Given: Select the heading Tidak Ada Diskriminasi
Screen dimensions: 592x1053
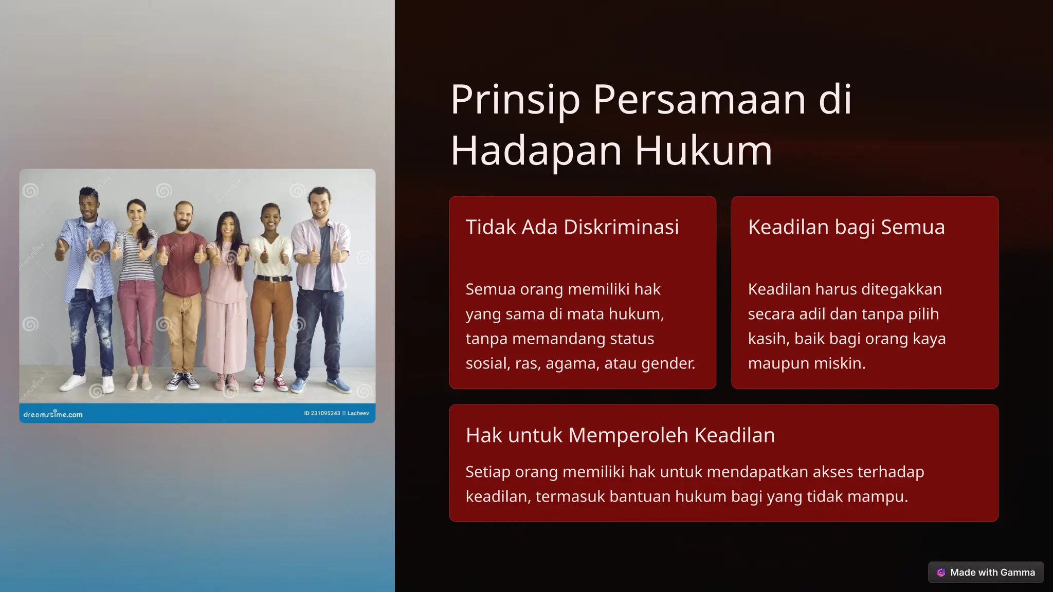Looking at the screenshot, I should click(x=572, y=227).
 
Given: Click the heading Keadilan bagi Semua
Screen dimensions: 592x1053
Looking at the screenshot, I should click(x=846, y=227).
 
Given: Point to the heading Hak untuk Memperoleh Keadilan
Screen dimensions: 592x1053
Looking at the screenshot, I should click(x=620, y=435).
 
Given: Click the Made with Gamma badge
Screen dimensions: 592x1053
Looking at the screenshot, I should click(x=986, y=572).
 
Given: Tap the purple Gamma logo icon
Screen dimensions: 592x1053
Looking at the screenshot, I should click(x=941, y=572).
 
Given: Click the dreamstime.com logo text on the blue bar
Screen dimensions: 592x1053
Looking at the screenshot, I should click(x=53, y=414).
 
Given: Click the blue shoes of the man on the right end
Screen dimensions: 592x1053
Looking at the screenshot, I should click(x=319, y=384).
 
